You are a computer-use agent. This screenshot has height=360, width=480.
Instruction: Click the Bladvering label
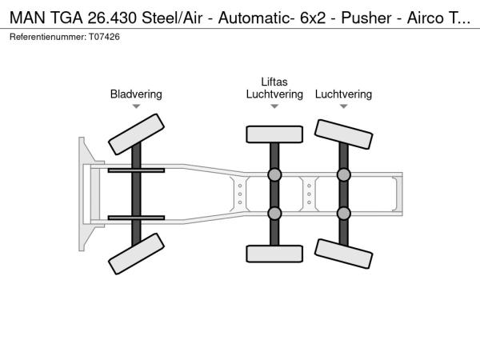tap(136, 94)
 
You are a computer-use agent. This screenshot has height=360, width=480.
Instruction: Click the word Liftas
tap(274, 82)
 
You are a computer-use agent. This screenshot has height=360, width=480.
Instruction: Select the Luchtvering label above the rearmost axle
tap(343, 94)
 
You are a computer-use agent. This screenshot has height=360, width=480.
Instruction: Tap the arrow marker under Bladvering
tap(136, 106)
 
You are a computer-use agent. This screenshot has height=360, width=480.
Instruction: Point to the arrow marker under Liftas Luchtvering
tap(274, 106)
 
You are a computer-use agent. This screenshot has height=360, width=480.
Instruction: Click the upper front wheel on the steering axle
tap(136, 133)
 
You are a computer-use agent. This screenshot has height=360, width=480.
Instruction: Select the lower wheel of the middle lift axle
tap(274, 254)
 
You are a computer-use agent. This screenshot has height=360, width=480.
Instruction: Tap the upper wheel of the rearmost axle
tap(343, 134)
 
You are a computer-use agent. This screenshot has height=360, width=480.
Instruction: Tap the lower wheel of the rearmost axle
tap(343, 254)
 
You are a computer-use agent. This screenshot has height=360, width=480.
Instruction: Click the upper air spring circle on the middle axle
tap(274, 175)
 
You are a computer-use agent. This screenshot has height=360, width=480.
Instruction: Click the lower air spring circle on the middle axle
tap(274, 213)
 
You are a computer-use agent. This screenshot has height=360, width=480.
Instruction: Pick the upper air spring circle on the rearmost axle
tap(343, 175)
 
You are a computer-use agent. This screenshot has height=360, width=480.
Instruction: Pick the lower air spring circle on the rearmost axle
tap(343, 213)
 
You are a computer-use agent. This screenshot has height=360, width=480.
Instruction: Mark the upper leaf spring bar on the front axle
tap(136, 170)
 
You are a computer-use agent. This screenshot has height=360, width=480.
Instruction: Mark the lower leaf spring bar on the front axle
tap(136, 217)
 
